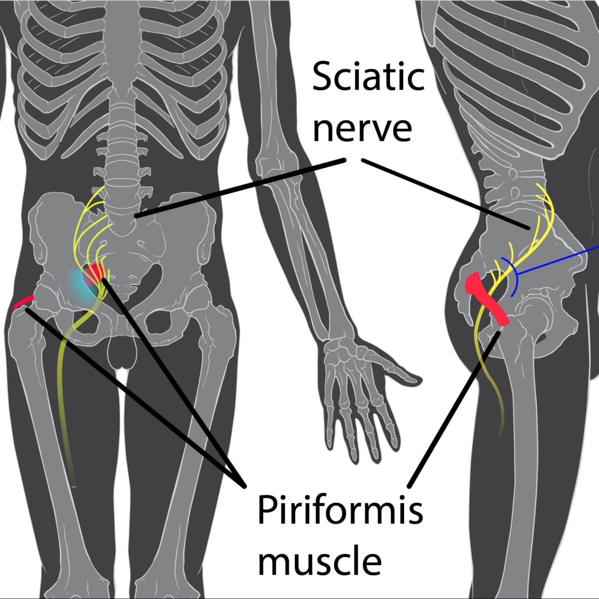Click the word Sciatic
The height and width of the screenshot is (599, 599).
(368, 77)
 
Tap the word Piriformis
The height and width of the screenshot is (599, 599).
(340, 510)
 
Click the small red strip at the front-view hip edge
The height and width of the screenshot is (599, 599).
(23, 301)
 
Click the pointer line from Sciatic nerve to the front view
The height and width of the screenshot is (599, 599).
(239, 188)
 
